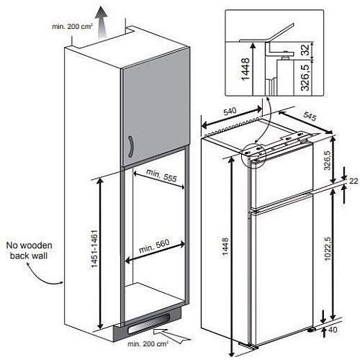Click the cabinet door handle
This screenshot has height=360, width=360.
coord(130,147)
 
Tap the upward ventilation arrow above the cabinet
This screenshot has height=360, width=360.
coord(101,22)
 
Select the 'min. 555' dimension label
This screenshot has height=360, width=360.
coord(161,176)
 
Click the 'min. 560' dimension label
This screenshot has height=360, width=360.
coord(154,246)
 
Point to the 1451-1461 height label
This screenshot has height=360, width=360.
coord(94,249)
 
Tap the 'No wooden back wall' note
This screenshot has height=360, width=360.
coord(29,251)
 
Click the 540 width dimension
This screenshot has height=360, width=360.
coord(230,112)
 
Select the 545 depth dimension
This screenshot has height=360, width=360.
coord(310,116)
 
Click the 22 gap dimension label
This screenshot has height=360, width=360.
coord(354,181)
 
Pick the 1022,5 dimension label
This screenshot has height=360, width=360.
coord(328,248)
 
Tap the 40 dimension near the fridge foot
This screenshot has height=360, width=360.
coord(333,330)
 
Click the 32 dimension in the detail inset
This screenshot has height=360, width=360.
coord(305,50)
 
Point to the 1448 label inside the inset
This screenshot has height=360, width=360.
coord(246,69)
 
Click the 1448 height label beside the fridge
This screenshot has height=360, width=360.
coord(225,248)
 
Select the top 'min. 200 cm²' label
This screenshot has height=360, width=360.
coord(72,26)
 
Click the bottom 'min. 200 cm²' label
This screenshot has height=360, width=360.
coord(148,344)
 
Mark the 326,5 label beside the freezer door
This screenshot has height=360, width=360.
coord(327,160)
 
